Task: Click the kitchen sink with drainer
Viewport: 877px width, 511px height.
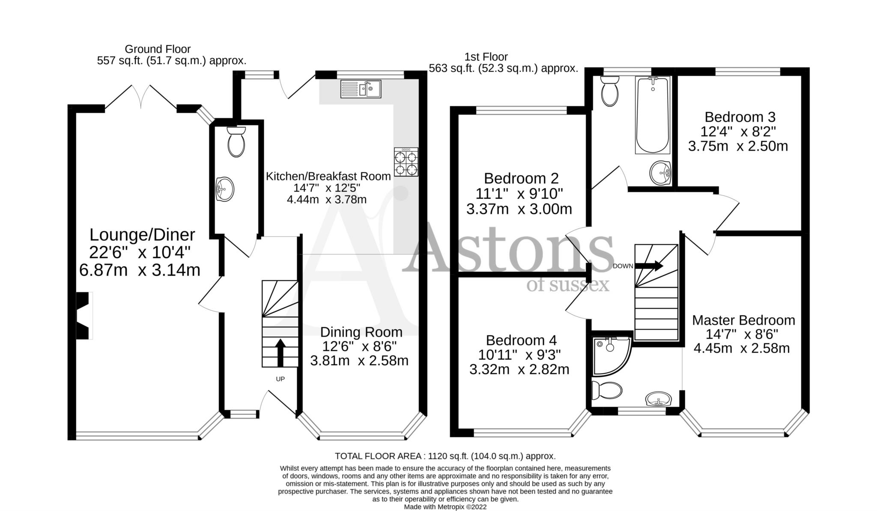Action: (361, 89)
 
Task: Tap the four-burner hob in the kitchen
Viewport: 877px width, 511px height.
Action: (406, 162)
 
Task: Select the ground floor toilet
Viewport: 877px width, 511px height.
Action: (236, 142)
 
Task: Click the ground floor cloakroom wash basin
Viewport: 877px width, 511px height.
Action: (225, 189)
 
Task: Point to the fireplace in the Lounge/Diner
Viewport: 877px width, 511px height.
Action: (84, 316)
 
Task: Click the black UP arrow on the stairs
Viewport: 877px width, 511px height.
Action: (280, 352)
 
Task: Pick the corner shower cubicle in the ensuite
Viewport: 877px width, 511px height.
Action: (610, 354)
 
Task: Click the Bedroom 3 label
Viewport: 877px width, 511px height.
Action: (740, 117)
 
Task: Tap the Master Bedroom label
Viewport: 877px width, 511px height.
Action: (743, 320)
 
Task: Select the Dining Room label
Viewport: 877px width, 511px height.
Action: (361, 332)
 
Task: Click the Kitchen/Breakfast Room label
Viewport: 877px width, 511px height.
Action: (328, 176)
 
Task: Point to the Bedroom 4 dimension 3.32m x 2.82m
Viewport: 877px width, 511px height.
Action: (519, 369)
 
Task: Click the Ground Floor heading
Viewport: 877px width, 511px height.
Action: (158, 49)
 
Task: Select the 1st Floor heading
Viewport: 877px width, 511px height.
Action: (486, 57)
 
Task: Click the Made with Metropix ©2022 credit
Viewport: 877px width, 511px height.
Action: (445, 507)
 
